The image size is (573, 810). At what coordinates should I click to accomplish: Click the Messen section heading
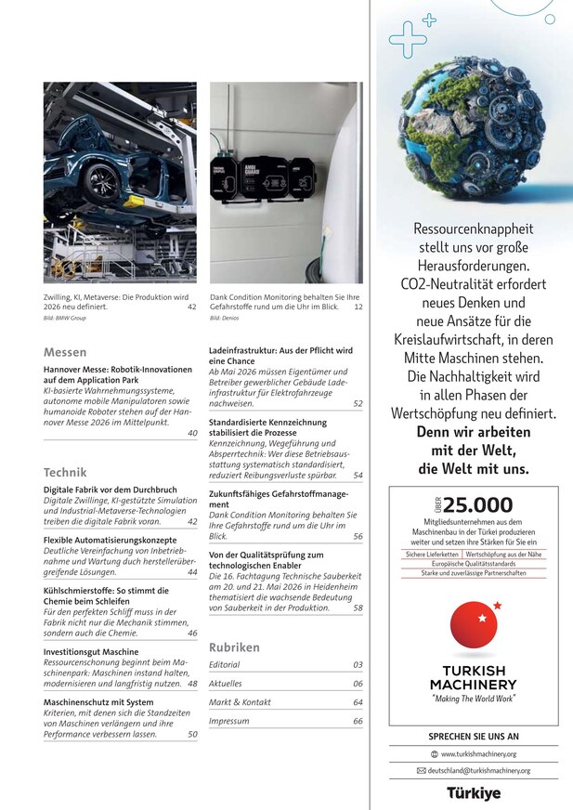[x=65, y=353]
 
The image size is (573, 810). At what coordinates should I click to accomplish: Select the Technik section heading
[x=65, y=472]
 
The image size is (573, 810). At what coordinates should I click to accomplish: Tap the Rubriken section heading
[x=234, y=647]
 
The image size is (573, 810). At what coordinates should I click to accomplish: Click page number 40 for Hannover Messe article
[x=192, y=433]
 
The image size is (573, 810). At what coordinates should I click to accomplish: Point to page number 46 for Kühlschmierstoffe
[x=192, y=634]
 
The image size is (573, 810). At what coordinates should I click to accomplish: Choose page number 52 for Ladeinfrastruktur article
[x=358, y=404]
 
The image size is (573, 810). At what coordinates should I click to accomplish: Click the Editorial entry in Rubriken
[x=225, y=665]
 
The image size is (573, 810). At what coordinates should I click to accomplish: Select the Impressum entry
[x=228, y=722]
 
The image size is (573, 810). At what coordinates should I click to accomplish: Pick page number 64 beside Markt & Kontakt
[x=358, y=703]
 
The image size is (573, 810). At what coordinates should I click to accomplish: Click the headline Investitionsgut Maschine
[x=91, y=653]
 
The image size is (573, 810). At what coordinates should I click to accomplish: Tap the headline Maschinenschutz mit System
[x=98, y=703]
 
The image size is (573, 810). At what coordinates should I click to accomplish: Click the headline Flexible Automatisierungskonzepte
[x=110, y=540]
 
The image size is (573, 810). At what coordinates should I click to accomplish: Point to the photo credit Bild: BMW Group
[x=61, y=319]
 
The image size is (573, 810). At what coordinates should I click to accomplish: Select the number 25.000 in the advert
[x=477, y=505]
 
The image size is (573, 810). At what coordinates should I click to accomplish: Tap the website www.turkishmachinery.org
[x=479, y=754]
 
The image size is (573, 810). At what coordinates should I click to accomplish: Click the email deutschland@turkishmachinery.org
[x=479, y=771]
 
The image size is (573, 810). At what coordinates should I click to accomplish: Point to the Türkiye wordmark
[x=474, y=793]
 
